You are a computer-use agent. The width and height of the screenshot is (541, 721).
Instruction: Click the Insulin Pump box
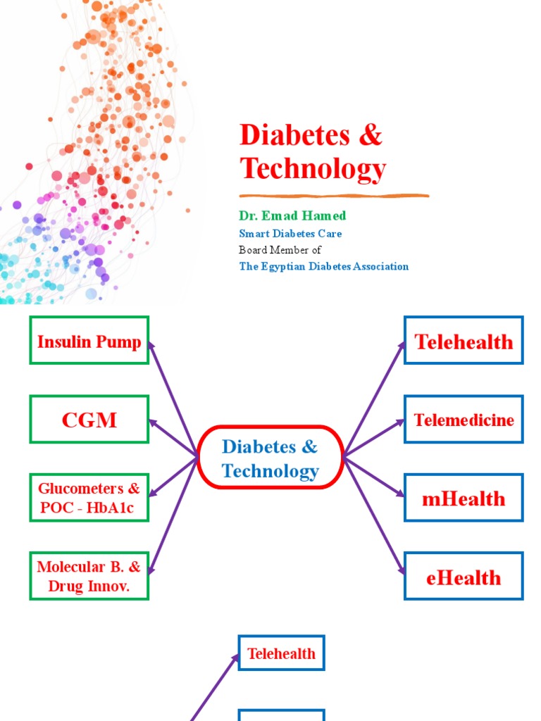[89, 341]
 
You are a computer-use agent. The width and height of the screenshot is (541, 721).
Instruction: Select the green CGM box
[89, 420]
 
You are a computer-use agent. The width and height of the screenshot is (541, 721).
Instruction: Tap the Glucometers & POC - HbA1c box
[89, 498]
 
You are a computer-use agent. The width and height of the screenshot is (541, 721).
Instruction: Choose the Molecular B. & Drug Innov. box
[89, 576]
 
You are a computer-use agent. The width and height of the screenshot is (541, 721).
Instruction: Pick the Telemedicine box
[464, 420]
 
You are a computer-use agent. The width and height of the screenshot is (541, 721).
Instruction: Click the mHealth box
[464, 498]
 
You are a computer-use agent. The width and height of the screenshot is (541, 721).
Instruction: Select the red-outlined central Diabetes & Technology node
[270, 458]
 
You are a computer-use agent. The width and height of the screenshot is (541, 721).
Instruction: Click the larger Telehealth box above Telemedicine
[464, 341]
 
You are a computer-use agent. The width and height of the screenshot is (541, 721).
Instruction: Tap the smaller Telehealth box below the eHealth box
[281, 653]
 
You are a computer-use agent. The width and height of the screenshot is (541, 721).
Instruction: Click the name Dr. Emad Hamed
[292, 215]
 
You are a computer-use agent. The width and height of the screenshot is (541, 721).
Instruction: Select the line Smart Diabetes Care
[290, 233]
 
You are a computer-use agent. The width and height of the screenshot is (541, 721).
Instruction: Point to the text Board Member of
[280, 250]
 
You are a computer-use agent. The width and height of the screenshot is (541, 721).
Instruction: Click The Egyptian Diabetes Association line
[323, 266]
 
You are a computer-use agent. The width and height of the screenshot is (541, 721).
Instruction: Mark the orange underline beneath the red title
[334, 195]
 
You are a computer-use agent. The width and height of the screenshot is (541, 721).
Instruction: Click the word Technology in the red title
[313, 168]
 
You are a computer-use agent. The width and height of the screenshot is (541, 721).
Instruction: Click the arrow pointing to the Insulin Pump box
[172, 397]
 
